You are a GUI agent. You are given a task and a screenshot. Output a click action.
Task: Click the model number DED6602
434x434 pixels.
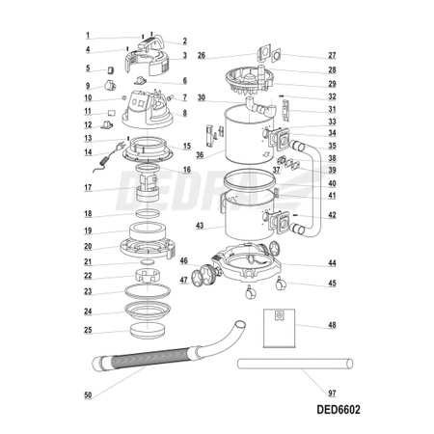(x=339, y=410)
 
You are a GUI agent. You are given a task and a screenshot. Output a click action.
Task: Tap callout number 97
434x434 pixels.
(x=332, y=393)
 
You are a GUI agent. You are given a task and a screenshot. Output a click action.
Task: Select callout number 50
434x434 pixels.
(x=88, y=395)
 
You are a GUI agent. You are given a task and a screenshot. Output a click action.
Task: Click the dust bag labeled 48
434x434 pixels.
(x=279, y=328)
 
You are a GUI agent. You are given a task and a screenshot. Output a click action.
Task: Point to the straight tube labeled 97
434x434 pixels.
(x=295, y=364)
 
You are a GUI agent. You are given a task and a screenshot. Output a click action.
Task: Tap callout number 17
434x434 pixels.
(x=88, y=187)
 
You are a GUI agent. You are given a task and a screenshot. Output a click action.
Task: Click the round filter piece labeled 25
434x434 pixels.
(x=149, y=331)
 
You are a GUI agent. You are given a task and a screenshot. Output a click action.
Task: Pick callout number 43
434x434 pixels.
(x=200, y=226)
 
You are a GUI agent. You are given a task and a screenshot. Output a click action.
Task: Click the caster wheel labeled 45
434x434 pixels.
(x=280, y=284)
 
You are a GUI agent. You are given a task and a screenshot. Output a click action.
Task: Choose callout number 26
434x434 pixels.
(x=202, y=55)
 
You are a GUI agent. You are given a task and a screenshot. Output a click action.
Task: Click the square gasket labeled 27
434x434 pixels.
(x=277, y=55)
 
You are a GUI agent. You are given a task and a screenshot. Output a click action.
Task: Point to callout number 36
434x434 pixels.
(x=200, y=155)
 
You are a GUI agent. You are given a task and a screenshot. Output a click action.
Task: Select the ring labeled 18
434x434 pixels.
(x=148, y=213)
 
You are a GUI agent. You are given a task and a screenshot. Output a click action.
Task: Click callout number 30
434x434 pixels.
(x=202, y=97)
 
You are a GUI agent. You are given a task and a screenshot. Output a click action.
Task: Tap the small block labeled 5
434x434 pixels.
(x=111, y=70)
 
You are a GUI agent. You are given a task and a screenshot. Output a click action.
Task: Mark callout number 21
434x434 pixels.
(x=88, y=261)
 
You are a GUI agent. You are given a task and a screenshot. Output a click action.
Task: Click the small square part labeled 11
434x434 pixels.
(x=111, y=113)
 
